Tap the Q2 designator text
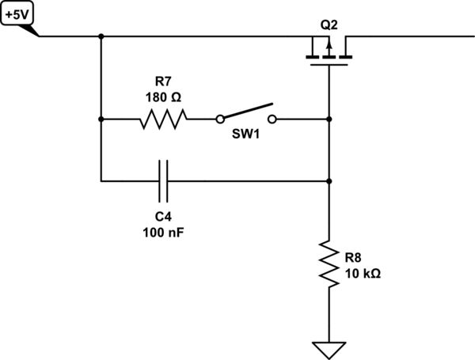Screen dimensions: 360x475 point(329,25)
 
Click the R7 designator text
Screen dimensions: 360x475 point(163,81)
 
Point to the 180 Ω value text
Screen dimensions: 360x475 point(163,97)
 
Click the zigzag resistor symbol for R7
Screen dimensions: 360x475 point(164,119)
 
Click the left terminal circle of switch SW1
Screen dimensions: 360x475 point(218,119)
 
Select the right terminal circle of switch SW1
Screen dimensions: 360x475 point(273,119)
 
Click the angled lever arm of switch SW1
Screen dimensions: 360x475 point(247,111)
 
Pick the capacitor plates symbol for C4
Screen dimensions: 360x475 point(164,181)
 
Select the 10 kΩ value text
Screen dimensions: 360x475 point(362,273)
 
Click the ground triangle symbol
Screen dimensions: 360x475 point(329,347)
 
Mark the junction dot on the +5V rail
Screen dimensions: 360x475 point(101,36)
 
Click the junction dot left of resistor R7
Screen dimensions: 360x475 point(101,119)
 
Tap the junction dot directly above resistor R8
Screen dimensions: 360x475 point(329,181)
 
